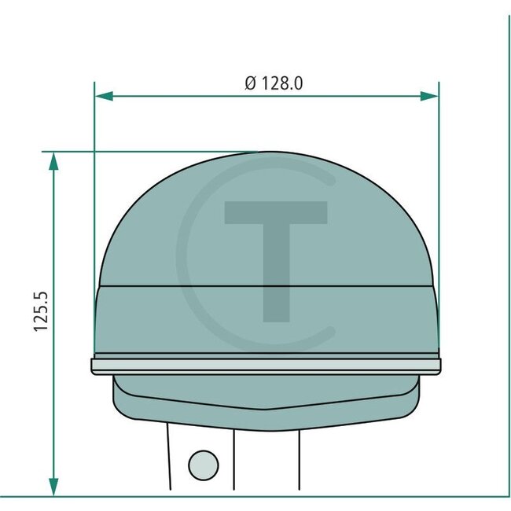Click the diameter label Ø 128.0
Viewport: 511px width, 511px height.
pyautogui.click(x=274, y=83)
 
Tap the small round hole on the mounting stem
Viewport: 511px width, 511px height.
pyautogui.click(x=204, y=463)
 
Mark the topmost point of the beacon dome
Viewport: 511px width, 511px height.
pyautogui.click(x=266, y=153)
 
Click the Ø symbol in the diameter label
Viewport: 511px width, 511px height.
pyautogui.click(x=250, y=83)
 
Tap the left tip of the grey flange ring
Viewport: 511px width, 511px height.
pyautogui.click(x=94, y=366)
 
